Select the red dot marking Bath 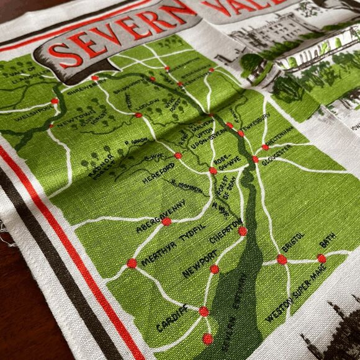[322, 258]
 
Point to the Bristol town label [292, 243]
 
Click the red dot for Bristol [282, 259]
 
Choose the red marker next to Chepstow [242, 231]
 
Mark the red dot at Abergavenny [166, 222]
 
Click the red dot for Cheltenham [265, 147]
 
